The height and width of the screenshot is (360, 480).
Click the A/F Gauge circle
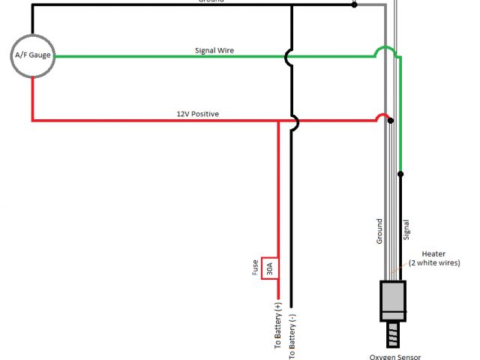click(x=33, y=55)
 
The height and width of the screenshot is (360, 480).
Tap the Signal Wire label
click(x=214, y=51)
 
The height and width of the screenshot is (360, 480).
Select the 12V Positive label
click(x=198, y=114)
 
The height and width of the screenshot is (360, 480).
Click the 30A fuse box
click(x=270, y=267)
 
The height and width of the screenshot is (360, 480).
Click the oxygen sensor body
click(x=393, y=299)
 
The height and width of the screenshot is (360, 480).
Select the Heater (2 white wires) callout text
click(x=441, y=258)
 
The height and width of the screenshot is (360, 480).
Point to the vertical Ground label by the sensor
click(x=379, y=232)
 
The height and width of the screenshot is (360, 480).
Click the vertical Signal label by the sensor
click(x=406, y=229)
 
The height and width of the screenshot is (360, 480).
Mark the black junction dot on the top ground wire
click(x=355, y=4)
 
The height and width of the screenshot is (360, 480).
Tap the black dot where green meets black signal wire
click(x=400, y=174)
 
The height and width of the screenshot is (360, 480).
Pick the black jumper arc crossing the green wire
click(x=288, y=56)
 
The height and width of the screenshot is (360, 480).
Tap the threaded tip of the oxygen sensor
click(x=393, y=331)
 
